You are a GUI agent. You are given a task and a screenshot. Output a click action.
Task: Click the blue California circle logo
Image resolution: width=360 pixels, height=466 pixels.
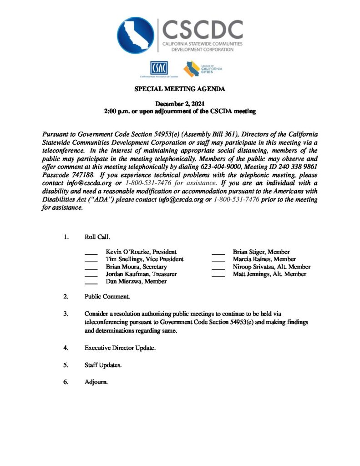[136, 35]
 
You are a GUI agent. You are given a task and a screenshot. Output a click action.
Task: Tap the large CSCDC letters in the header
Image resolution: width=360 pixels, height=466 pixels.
[203, 29]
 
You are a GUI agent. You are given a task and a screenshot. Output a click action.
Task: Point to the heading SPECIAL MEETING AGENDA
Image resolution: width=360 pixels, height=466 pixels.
[180, 89]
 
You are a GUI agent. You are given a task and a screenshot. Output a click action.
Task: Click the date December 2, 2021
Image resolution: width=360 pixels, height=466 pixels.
[180, 104]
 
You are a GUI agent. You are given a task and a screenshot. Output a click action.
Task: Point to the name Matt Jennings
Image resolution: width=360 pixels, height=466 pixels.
[251, 274]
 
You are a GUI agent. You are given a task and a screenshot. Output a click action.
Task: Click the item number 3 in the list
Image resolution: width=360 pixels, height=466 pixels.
[66, 314]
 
